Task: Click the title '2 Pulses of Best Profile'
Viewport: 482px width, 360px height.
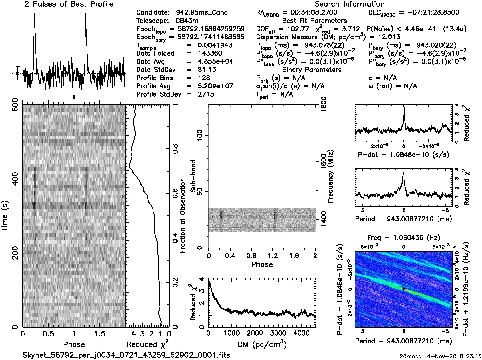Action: [x=69, y=4]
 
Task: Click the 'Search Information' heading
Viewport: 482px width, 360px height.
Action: [x=350, y=4]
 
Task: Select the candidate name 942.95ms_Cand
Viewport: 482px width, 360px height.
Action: [x=201, y=13]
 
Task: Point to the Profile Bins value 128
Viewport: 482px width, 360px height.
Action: [x=204, y=78]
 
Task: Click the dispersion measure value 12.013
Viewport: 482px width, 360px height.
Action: [x=389, y=37]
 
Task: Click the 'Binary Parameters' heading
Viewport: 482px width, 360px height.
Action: [x=312, y=70]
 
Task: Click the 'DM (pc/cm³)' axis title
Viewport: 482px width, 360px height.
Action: [x=262, y=344]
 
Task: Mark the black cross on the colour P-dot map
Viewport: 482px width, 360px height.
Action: [x=403, y=289]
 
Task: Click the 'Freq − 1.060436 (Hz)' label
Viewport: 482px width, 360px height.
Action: [x=404, y=238]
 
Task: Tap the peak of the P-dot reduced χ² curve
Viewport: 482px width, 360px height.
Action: [x=404, y=108]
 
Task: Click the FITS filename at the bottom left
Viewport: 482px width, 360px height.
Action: [x=126, y=355]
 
